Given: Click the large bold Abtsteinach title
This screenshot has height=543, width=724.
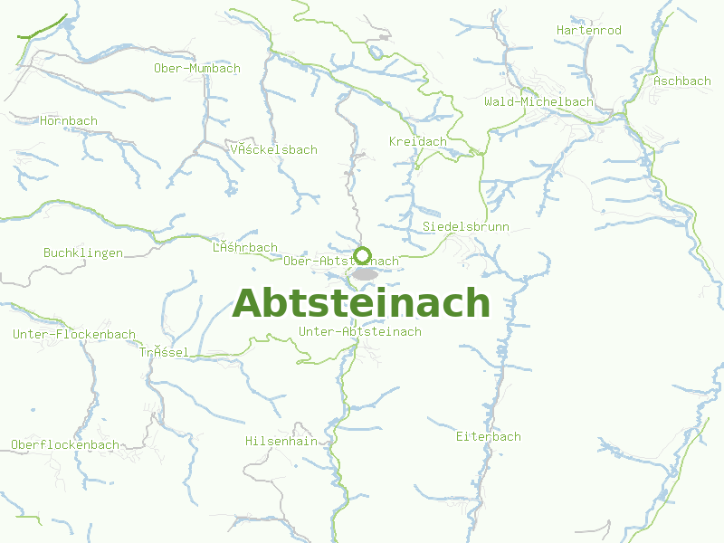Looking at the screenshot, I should click(x=361, y=303).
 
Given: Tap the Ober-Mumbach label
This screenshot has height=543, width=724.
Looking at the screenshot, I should click(x=197, y=69).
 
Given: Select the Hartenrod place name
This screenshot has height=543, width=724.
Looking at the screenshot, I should click(x=589, y=31).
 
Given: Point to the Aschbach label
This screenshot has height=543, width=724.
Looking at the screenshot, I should click(x=682, y=81).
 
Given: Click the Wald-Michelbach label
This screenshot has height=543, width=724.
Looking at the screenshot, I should click(x=538, y=101).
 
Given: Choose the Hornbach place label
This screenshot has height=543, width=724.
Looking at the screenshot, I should click(x=69, y=120).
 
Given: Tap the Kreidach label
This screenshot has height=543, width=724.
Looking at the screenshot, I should click(x=418, y=142).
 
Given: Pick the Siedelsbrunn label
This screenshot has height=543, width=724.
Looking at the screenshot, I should click(x=466, y=226).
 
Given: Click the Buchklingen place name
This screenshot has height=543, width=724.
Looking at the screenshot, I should click(x=83, y=252).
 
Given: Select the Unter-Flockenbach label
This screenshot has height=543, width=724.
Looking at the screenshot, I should click(x=74, y=334).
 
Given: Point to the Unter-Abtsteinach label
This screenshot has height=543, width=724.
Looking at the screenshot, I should click(x=360, y=332).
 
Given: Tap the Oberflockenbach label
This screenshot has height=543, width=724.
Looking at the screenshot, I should click(x=65, y=444).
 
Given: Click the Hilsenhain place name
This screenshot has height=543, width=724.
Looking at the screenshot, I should click(x=281, y=441).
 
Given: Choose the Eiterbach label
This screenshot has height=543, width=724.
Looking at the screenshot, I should click(x=489, y=436).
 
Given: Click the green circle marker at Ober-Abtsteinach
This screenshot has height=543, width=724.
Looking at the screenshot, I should click(x=363, y=254).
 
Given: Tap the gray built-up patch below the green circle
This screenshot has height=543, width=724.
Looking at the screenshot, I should click(x=366, y=273).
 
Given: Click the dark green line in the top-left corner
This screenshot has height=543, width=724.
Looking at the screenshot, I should click(x=42, y=27).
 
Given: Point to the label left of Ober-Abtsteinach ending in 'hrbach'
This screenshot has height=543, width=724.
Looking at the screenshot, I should click(x=245, y=247).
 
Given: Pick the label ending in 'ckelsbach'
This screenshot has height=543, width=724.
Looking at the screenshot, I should click(x=274, y=149).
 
